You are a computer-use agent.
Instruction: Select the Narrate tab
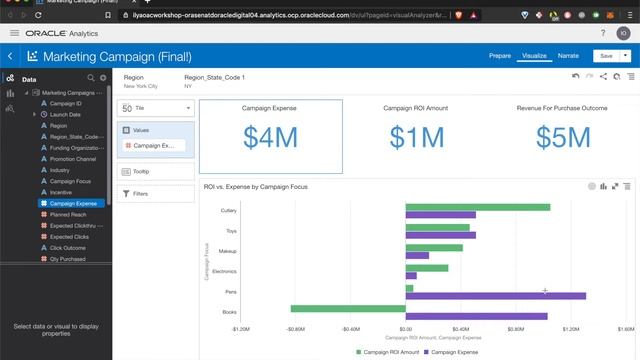click(568, 56)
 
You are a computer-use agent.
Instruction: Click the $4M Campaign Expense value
click(270, 137)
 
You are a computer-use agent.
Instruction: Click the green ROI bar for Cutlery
click(477, 207)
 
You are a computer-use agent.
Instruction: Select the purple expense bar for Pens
click(495, 296)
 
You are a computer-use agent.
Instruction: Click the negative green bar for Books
click(348, 308)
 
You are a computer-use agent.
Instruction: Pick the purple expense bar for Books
click(476, 317)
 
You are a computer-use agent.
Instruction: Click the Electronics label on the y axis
click(224, 271)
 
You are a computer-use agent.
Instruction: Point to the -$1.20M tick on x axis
click(241, 328)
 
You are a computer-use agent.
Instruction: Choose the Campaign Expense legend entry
click(455, 352)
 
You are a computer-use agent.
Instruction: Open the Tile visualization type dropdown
click(156, 108)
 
